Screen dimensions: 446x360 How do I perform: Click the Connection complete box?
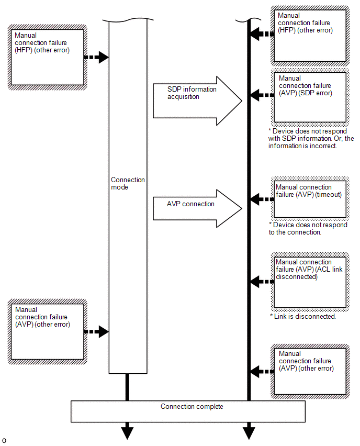pyautogui.click(x=188, y=411)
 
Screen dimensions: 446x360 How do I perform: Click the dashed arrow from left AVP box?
pyautogui.click(x=97, y=331)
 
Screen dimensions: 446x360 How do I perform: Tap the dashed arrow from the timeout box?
pyautogui.click(x=262, y=199)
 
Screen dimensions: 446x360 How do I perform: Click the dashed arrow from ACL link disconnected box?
pyautogui.click(x=262, y=282)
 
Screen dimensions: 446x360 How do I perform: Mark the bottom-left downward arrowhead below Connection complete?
pyautogui.click(x=127, y=433)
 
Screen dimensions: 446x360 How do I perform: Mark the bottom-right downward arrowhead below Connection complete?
pyautogui.click(x=249, y=433)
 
